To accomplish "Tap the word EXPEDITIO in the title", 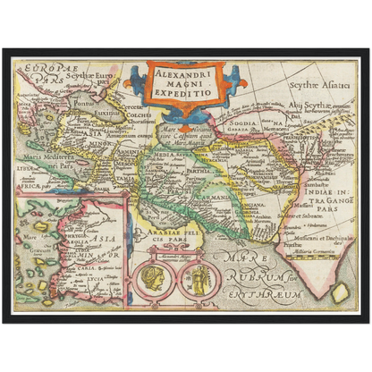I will pos(182,91).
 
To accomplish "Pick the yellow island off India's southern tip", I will pos(339,293).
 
